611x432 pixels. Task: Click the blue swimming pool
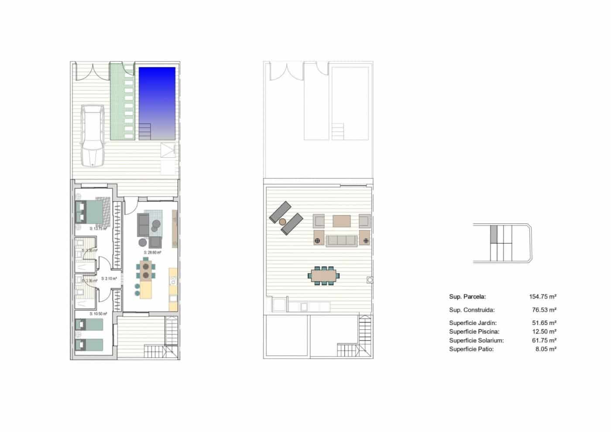click(x=157, y=103)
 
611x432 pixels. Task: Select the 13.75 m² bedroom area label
click(x=98, y=228)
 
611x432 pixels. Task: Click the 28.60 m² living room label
click(x=153, y=252)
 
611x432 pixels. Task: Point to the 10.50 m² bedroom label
click(x=98, y=314)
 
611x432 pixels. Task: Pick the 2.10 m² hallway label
click(x=109, y=278)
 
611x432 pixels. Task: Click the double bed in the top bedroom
click(x=91, y=211)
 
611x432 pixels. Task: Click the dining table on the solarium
click(x=324, y=276)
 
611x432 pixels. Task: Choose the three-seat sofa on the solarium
click(x=341, y=240)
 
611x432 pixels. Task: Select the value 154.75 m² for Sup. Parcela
click(x=542, y=297)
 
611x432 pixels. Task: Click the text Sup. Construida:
click(x=472, y=310)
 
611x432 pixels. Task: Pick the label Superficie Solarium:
click(x=476, y=340)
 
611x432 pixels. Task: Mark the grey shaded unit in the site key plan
click(x=494, y=234)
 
